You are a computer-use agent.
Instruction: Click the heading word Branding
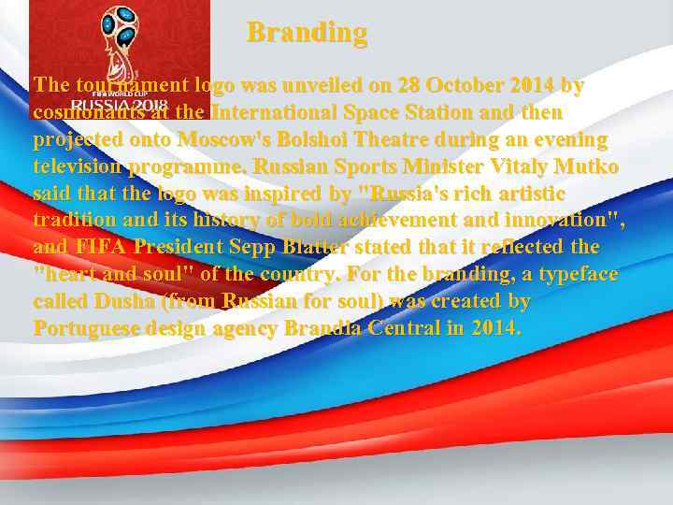[x=307, y=33]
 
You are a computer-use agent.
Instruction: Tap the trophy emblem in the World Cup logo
[x=119, y=37]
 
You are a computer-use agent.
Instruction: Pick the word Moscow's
[x=221, y=139]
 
